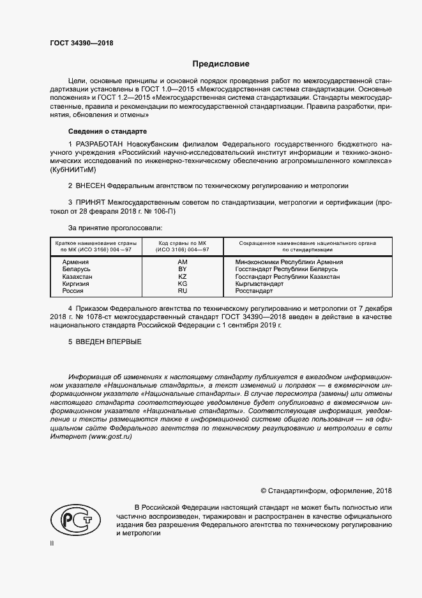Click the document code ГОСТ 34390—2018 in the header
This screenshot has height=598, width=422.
(x=81, y=42)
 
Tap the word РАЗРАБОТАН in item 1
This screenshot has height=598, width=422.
(x=100, y=145)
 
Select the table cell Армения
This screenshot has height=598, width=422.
(x=75, y=262)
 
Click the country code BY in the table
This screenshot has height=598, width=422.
(x=182, y=269)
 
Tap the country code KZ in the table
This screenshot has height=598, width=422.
(x=182, y=276)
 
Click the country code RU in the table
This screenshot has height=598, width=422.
(x=182, y=291)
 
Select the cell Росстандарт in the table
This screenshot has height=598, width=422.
(x=254, y=291)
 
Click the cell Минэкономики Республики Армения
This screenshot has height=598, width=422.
(x=289, y=262)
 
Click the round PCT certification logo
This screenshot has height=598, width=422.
(x=74, y=517)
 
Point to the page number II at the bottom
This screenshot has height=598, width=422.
(x=52, y=543)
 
